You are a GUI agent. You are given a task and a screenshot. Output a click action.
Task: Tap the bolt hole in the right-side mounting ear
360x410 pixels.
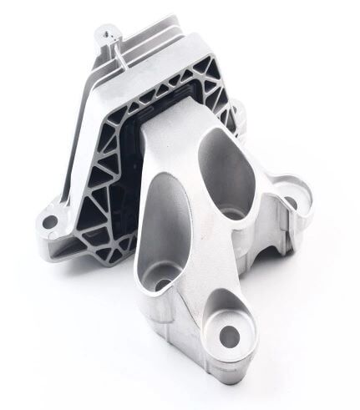click(293, 200)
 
